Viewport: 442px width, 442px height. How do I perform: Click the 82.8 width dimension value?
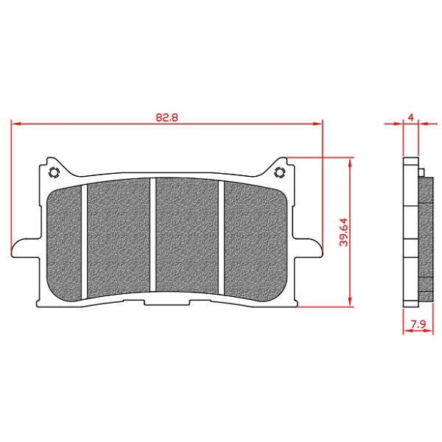pos(167,117)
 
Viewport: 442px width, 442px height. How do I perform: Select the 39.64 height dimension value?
pos(343,233)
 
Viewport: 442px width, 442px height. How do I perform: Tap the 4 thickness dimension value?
pos(411,117)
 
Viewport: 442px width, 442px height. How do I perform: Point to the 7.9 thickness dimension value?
pos(418,324)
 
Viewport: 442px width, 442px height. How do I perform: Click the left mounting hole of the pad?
pos(54,172)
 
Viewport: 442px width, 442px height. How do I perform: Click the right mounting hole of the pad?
pos(280,172)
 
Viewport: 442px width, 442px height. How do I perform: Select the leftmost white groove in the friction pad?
pos(84,242)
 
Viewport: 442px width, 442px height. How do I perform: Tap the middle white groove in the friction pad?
pos(152,235)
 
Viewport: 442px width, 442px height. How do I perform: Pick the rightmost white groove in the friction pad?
pos(221,238)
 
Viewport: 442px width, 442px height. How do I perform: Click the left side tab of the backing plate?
pos(25,248)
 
